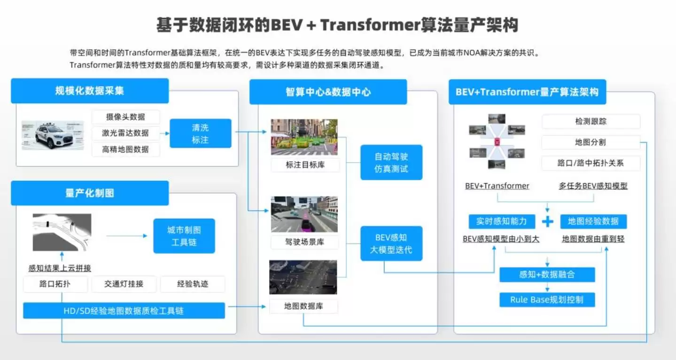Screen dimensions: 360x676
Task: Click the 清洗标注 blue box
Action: [x=200, y=133]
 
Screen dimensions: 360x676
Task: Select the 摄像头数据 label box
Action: [x=125, y=117]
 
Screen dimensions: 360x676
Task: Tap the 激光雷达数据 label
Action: [x=125, y=133]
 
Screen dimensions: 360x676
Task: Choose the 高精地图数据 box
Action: [x=125, y=149]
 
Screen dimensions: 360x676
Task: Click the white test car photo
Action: [x=53, y=135]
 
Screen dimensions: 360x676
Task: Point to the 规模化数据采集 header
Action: [x=90, y=91]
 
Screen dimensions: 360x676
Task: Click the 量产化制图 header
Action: [x=90, y=193]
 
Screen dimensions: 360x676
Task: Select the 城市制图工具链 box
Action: [x=184, y=236]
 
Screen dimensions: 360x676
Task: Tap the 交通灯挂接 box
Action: [x=124, y=284]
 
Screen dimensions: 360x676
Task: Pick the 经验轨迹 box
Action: [x=193, y=284]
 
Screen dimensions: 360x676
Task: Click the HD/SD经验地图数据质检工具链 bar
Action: [x=124, y=310]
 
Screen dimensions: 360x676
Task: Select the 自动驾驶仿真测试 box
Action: [x=391, y=162]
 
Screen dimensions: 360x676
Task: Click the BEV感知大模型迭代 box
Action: [x=391, y=243]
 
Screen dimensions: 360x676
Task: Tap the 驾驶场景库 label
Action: [x=305, y=243]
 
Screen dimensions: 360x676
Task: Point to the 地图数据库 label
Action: [x=304, y=306]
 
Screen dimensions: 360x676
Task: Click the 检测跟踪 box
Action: [x=591, y=121]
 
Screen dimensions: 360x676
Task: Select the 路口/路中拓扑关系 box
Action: [x=591, y=163]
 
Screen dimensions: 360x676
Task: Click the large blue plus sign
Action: [x=547, y=222]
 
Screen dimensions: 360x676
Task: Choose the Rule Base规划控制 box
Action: [x=547, y=300]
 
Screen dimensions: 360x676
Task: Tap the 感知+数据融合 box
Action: [x=547, y=274]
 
